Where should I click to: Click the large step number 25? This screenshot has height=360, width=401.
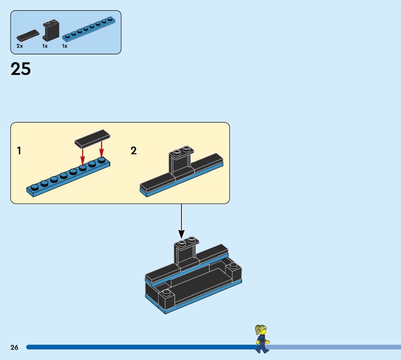pos(21,69)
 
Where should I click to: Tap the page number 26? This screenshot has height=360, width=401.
pos(14,347)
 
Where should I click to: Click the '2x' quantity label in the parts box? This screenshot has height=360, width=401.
pos(20,46)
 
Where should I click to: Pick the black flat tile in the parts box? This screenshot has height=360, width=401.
pos(28,36)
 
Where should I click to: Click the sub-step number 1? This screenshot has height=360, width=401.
pos(19,150)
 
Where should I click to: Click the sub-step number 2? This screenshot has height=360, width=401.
pos(133,150)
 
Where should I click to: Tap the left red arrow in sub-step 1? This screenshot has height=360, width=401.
pos(83,154)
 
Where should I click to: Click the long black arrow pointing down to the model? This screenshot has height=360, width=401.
pos(181,221)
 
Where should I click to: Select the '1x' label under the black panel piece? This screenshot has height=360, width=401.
pos(45,46)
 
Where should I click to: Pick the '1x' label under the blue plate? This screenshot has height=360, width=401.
pos(65,46)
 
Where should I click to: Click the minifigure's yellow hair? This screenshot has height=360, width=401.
pos(260,329)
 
